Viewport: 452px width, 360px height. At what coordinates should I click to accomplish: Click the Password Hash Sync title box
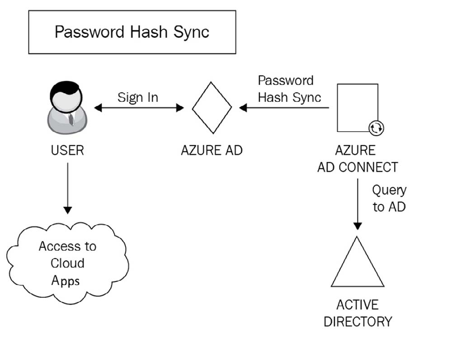tap(132, 32)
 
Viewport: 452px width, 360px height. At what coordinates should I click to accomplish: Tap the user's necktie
tap(71, 119)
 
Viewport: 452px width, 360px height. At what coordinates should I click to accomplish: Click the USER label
tap(67, 150)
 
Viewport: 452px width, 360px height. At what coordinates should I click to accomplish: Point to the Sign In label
tap(138, 97)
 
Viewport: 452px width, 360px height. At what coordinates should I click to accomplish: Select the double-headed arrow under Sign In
tap(139, 108)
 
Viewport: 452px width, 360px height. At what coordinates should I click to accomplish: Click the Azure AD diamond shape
tap(212, 108)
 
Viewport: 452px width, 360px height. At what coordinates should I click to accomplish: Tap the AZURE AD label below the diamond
tap(212, 150)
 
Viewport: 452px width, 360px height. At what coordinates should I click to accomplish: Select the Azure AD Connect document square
tap(357, 107)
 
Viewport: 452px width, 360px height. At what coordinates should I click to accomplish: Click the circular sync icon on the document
tap(376, 128)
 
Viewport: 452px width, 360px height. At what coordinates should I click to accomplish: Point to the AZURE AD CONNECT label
tap(358, 158)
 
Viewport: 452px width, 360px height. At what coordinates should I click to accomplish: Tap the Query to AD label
tap(389, 198)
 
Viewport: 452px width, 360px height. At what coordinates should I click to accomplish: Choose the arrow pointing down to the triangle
tap(358, 204)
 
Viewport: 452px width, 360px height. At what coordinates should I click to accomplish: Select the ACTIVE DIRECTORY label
tap(358, 313)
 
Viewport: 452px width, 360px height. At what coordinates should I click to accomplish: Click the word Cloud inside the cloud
tap(67, 263)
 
